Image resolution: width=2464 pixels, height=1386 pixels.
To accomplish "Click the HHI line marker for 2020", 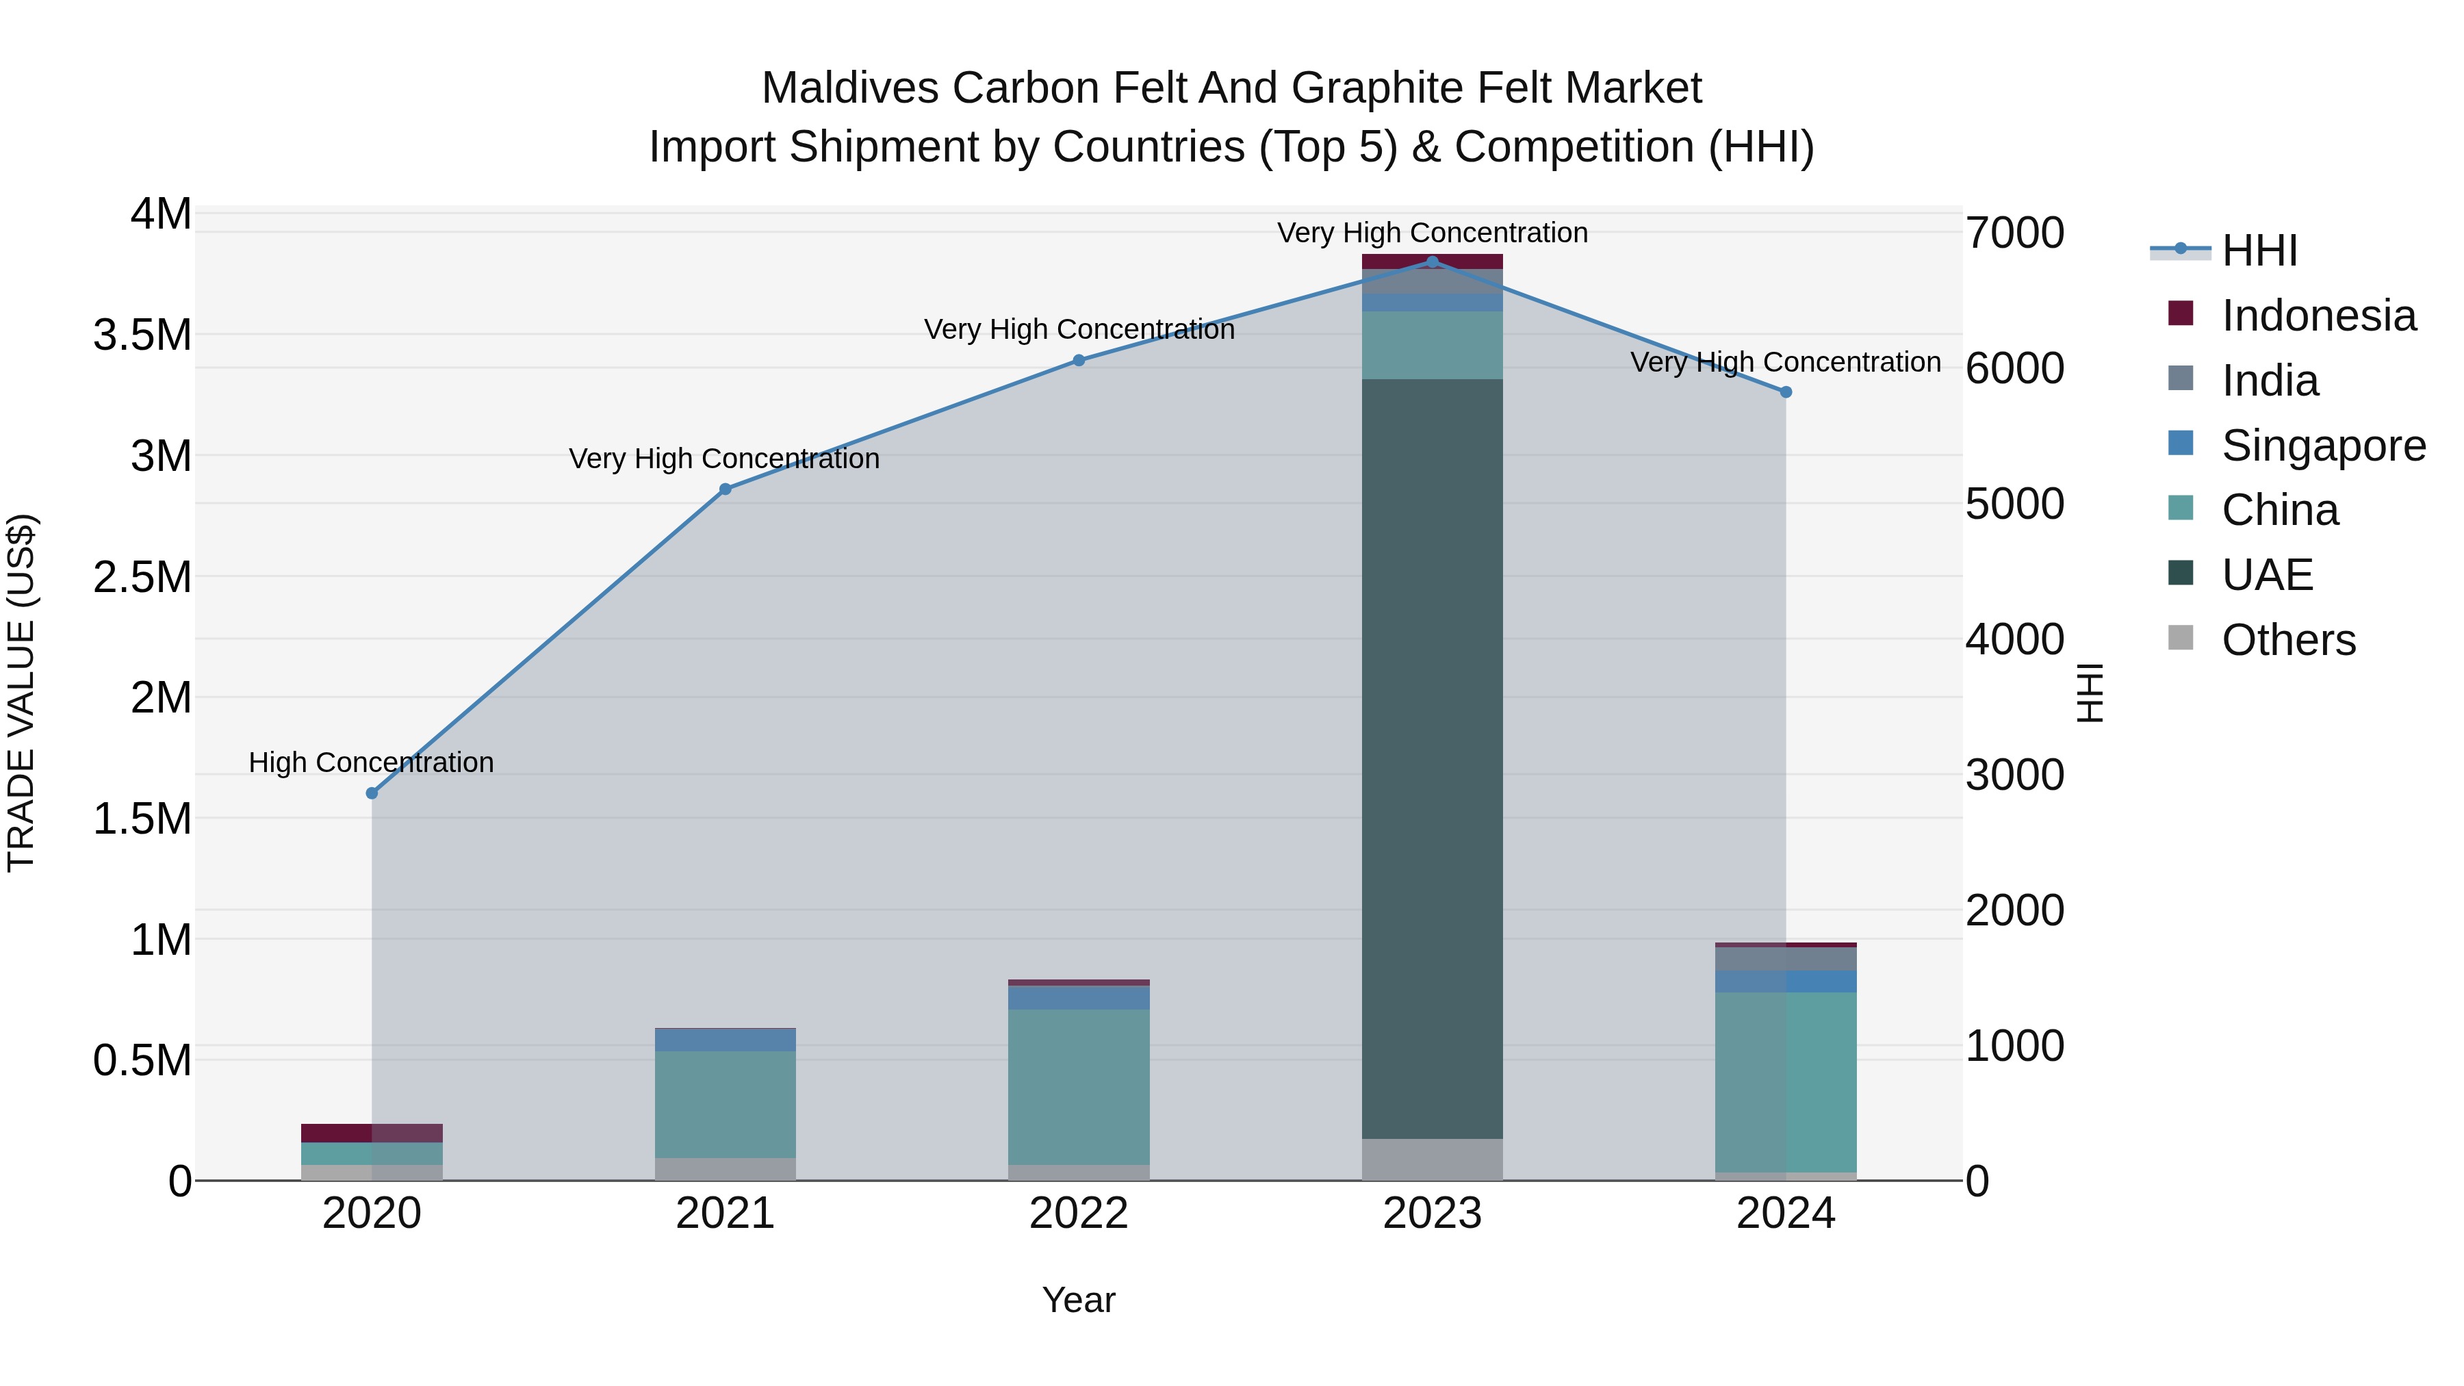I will (x=372, y=793).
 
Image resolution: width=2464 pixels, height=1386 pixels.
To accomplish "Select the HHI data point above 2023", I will (x=1432, y=262).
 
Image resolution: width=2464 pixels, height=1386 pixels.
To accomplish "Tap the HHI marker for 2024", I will (x=1785, y=392).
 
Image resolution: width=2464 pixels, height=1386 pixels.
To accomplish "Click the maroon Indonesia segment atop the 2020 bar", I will (x=372, y=1133).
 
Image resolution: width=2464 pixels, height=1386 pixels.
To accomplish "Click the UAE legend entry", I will (x=2266, y=575).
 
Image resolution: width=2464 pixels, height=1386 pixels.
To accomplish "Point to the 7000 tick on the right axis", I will (x=2014, y=233).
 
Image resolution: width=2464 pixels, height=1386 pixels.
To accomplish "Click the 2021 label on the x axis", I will (x=725, y=1214).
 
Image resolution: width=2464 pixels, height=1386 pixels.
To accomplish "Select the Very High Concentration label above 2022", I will (x=1079, y=329).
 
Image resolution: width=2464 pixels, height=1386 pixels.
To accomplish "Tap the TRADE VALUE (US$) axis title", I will (x=21, y=693).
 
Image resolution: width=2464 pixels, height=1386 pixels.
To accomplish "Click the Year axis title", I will (x=1078, y=1300).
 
